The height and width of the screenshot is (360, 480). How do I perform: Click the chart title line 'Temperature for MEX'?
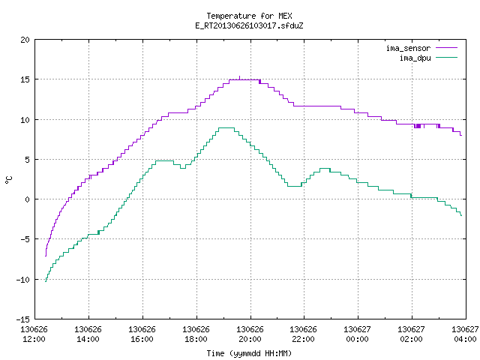pyautogui.click(x=249, y=16)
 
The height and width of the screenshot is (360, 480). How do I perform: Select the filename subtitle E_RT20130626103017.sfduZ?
pyautogui.click(x=249, y=25)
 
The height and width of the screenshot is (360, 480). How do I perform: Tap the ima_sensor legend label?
pyautogui.click(x=408, y=48)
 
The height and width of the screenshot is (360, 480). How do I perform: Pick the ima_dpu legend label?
pyautogui.click(x=415, y=58)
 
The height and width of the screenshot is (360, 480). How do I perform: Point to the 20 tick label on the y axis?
pyautogui.click(x=25, y=40)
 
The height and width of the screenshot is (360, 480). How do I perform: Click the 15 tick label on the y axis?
pyautogui.click(x=25, y=79)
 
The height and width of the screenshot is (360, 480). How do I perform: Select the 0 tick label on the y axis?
pyautogui.click(x=27, y=199)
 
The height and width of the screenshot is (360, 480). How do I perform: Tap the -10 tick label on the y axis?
pyautogui.click(x=23, y=280)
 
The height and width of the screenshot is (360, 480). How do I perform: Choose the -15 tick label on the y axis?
pyautogui.click(x=23, y=319)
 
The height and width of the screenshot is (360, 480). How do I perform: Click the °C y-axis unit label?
pyautogui.click(x=8, y=180)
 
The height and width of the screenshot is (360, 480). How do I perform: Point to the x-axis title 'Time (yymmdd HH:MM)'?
pyautogui.click(x=249, y=353)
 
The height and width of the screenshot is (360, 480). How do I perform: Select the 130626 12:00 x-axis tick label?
pyautogui.click(x=34, y=334)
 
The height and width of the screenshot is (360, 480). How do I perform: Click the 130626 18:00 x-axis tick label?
pyautogui.click(x=196, y=334)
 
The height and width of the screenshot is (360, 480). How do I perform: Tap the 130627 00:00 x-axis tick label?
pyautogui.click(x=357, y=334)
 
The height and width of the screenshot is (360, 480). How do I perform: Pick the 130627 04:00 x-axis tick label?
pyautogui.click(x=465, y=334)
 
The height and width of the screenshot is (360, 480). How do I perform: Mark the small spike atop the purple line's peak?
pyautogui.click(x=239, y=77)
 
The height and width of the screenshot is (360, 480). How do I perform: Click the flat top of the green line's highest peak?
pyautogui.click(x=226, y=127)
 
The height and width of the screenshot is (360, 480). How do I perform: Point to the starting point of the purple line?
pyautogui.click(x=46, y=256)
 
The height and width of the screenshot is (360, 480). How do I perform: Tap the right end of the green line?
pyautogui.click(x=461, y=215)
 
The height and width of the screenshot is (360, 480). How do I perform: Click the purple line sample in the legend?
pyautogui.click(x=447, y=48)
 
